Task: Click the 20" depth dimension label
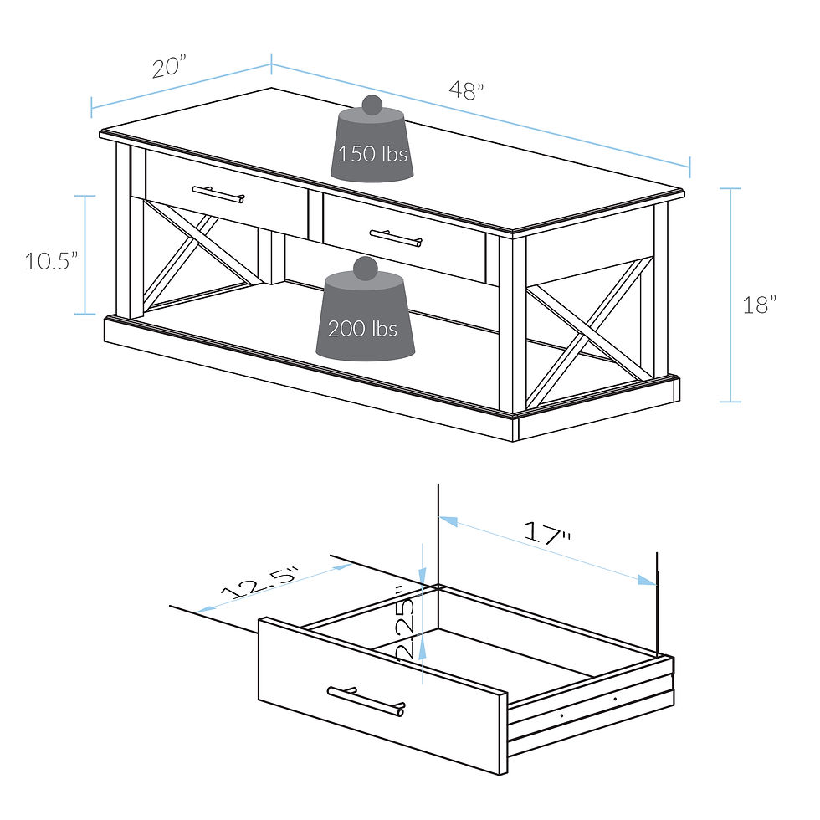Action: [x=169, y=68]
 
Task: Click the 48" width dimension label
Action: [x=466, y=90]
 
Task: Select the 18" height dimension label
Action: [x=760, y=305]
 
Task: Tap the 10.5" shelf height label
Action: [x=51, y=261]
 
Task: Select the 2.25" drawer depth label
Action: [x=405, y=628]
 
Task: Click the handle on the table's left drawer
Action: [x=218, y=195]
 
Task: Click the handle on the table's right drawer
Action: [x=396, y=239]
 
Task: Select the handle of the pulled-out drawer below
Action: [x=366, y=700]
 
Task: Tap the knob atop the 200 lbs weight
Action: [x=365, y=268]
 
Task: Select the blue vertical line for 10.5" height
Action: [x=85, y=254]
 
